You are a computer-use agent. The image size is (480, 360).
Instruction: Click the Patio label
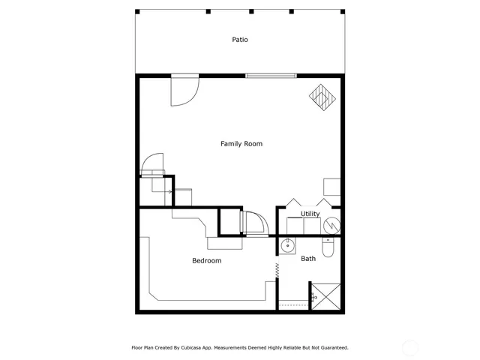pyautogui.click(x=240, y=40)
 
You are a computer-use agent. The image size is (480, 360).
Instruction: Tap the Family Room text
pyautogui.click(x=241, y=143)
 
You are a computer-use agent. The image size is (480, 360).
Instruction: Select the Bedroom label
pyautogui.click(x=206, y=260)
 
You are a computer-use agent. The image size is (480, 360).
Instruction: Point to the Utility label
pyautogui.click(x=310, y=214)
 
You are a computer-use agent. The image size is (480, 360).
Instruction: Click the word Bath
pyautogui.click(x=308, y=259)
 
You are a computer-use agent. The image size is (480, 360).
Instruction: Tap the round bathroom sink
pyautogui.click(x=287, y=245)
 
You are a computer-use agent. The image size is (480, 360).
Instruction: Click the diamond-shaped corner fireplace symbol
pyautogui.click(x=322, y=97)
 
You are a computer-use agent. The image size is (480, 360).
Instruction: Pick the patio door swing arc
pyautogui.click(x=184, y=91)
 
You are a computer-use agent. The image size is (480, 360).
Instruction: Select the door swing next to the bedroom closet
pyautogui.click(x=253, y=223)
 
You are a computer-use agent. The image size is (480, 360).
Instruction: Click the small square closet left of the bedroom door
pyautogui.click(x=228, y=223)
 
